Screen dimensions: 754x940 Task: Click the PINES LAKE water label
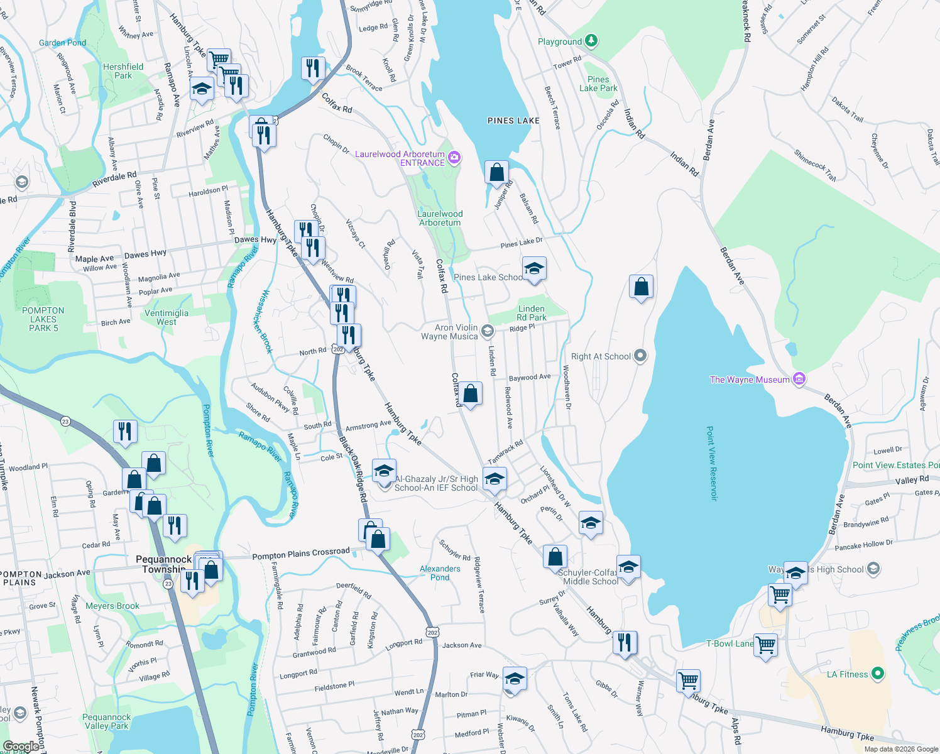tap(513, 121)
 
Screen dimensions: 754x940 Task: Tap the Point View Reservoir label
tap(711, 463)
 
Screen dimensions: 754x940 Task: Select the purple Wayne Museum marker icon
tap(799, 379)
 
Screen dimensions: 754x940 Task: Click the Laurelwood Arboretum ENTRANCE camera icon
tap(454, 158)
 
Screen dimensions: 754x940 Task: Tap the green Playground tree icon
tap(591, 41)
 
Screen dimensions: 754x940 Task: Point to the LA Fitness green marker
tap(878, 674)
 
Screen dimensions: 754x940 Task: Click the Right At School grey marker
tap(640, 356)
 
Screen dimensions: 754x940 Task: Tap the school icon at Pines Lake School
tap(533, 269)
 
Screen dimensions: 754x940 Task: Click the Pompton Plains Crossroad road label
tap(300, 554)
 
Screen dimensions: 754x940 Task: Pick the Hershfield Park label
tap(123, 71)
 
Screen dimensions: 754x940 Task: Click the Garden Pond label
tap(62, 43)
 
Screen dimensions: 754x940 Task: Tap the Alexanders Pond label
tap(440, 573)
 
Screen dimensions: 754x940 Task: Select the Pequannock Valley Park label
tap(106, 721)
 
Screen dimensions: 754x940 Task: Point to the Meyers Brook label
tap(112, 606)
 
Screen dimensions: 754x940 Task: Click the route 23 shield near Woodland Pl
tap(66, 422)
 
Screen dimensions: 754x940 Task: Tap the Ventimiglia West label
tap(167, 317)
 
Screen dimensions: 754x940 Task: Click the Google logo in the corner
tap(21, 746)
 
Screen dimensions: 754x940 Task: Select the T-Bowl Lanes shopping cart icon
tap(765, 645)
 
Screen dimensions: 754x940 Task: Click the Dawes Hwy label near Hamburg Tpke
tap(255, 239)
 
